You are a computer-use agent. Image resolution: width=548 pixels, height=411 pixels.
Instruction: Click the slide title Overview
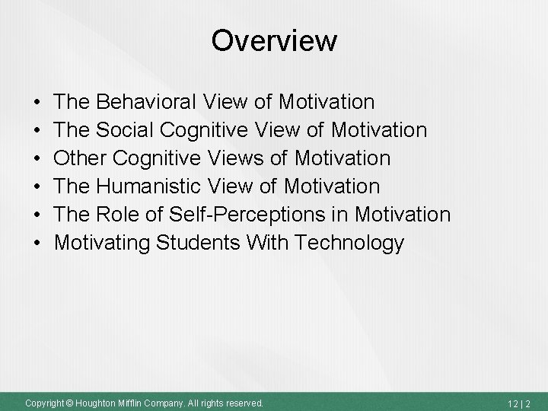[x=274, y=40]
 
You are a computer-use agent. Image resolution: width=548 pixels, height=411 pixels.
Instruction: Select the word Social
[x=129, y=130]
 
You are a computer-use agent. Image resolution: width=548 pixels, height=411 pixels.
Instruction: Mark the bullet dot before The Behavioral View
[x=37, y=102]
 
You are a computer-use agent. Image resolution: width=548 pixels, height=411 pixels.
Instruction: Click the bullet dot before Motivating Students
[x=37, y=244]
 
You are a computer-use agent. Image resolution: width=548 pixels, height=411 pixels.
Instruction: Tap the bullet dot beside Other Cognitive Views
[x=37, y=159]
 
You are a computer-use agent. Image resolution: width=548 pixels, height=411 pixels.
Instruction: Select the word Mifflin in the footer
[x=129, y=402]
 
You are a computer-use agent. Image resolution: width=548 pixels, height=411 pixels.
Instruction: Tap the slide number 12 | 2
[x=522, y=402]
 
